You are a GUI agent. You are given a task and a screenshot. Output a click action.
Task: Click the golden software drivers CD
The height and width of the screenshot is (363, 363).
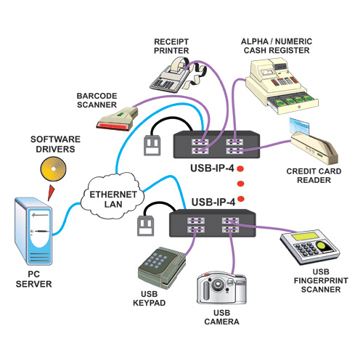53,169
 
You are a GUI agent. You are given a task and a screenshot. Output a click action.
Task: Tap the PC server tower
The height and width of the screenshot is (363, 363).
33,231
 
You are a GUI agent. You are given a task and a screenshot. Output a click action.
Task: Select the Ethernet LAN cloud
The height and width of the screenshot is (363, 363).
112,195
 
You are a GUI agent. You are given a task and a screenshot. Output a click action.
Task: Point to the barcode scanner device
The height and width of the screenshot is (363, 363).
117,119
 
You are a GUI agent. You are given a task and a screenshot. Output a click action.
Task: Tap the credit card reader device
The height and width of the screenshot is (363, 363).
314,147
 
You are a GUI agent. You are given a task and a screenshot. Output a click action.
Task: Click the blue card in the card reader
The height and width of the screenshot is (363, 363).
300,126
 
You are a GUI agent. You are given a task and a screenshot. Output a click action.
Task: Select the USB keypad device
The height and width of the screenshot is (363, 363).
162,267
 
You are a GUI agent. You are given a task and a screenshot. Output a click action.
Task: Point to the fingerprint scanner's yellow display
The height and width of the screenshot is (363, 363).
304,236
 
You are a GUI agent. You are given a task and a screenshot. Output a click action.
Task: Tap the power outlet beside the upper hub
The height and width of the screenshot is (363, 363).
152,145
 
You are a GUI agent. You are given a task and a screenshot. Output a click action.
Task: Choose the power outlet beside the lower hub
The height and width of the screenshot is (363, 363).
146,226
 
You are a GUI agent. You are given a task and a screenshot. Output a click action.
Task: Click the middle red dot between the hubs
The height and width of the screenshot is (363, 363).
240,184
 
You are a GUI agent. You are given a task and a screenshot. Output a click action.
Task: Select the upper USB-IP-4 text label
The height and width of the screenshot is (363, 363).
212,168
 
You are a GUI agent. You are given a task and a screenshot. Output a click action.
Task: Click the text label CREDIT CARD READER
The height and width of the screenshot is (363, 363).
314,176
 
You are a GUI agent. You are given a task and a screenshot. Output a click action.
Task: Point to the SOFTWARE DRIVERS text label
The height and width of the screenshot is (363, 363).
55,144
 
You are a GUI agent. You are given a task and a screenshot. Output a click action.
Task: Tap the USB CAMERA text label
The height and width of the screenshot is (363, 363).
221,317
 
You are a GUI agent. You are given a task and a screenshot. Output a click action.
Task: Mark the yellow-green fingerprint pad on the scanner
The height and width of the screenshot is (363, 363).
323,245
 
